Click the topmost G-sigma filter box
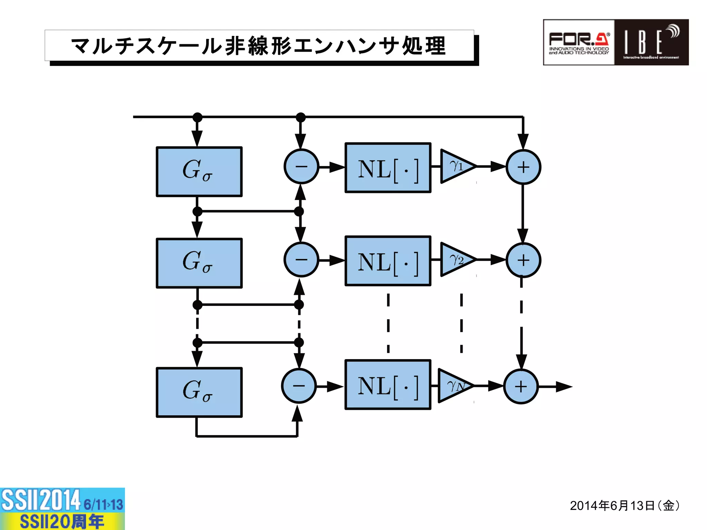click(x=199, y=172)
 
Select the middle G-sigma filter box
click(x=199, y=263)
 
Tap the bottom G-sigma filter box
click(x=199, y=392)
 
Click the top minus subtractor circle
click(x=301, y=166)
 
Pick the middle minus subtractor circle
click(x=301, y=260)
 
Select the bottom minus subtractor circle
click(x=299, y=386)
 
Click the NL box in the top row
click(x=388, y=168)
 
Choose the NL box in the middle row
click(x=388, y=261)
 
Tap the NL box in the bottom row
click(x=388, y=385)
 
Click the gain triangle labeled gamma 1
click(x=455, y=166)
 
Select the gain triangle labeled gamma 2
click(x=455, y=259)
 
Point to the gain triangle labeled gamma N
click(x=452, y=386)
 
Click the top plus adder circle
click(x=523, y=167)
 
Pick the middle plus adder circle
click(x=523, y=260)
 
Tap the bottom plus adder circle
click(x=521, y=386)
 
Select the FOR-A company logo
click(x=579, y=42)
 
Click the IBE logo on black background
click(x=651, y=42)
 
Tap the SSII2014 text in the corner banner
click(x=41, y=500)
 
